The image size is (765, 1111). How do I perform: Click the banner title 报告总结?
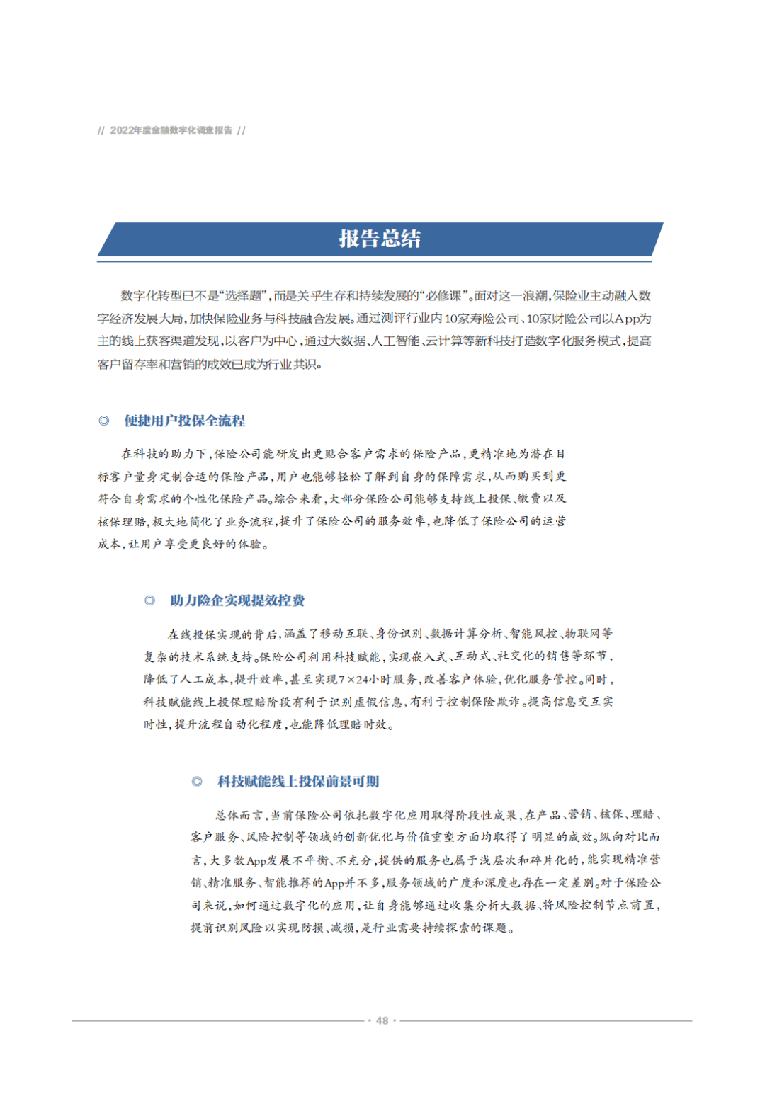[380, 239]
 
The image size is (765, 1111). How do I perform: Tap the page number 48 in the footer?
[382, 1020]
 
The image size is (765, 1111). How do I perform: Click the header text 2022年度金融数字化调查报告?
[171, 130]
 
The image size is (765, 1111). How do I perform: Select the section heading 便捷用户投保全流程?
[185, 421]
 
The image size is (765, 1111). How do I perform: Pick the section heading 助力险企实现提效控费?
[237, 600]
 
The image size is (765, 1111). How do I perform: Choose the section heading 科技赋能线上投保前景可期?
[298, 781]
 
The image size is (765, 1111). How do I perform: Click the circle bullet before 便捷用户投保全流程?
[104, 421]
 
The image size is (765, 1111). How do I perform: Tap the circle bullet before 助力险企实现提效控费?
[149, 600]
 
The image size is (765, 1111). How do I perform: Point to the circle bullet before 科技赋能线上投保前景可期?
[197, 781]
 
